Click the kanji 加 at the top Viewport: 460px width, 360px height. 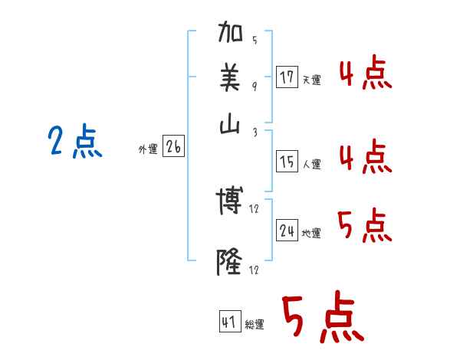point(231,34)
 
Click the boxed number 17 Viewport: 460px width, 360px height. point(287,77)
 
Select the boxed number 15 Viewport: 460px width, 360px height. point(287,162)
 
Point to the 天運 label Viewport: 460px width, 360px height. point(311,80)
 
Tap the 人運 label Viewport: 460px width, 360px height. point(311,164)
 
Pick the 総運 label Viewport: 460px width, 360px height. point(255,325)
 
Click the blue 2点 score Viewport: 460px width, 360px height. point(74,142)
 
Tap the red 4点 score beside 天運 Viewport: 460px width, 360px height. point(365,75)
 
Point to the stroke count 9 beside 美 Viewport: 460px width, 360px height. point(255,87)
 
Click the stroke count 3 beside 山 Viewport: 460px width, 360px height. point(255,132)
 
